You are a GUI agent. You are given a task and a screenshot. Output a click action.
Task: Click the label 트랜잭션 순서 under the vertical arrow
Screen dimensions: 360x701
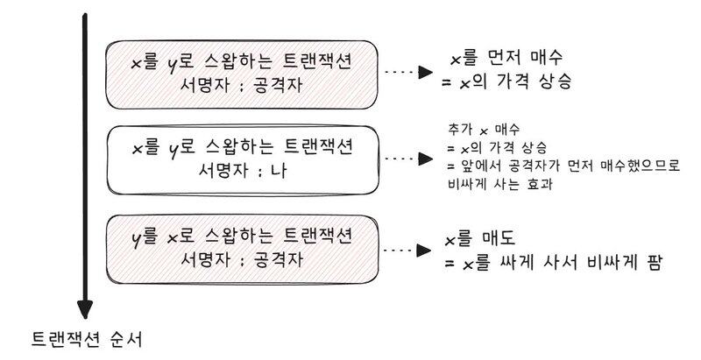click(83, 338)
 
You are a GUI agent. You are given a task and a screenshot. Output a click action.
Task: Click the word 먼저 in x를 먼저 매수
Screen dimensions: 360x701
click(509, 59)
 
